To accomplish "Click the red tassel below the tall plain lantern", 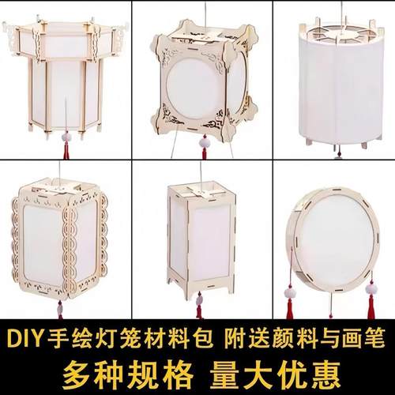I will (199, 310).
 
